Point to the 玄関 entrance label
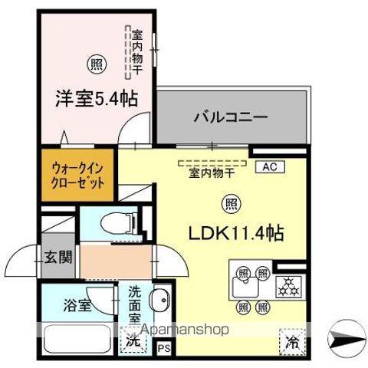(x=58, y=257)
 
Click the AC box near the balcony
(x=270, y=166)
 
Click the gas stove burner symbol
(x=289, y=283)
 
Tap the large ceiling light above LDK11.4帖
(x=228, y=203)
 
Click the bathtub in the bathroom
(x=76, y=337)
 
